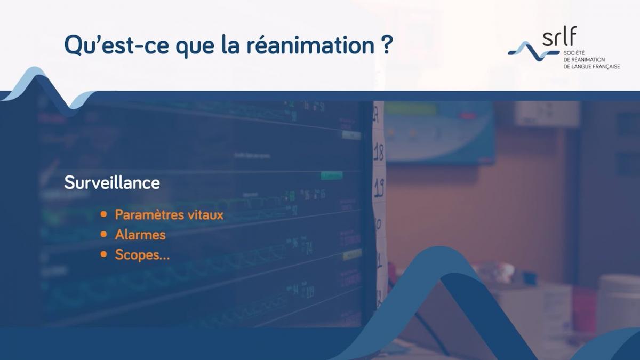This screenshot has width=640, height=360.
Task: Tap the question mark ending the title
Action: click(x=388, y=45)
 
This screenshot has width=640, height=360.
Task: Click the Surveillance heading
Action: click(x=112, y=183)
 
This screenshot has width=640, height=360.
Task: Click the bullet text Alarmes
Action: click(x=140, y=235)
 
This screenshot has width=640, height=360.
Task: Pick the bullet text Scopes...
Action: click(x=139, y=255)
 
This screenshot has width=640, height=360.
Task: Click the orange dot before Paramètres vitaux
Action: click(x=104, y=215)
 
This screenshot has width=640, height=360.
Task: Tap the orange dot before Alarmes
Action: click(x=104, y=235)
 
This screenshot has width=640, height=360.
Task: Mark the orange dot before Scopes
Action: click(x=104, y=254)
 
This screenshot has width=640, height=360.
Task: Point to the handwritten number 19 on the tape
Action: click(x=379, y=187)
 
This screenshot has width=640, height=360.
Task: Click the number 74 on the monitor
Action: click(x=308, y=248)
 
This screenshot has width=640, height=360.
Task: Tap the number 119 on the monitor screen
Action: click(x=309, y=292)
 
